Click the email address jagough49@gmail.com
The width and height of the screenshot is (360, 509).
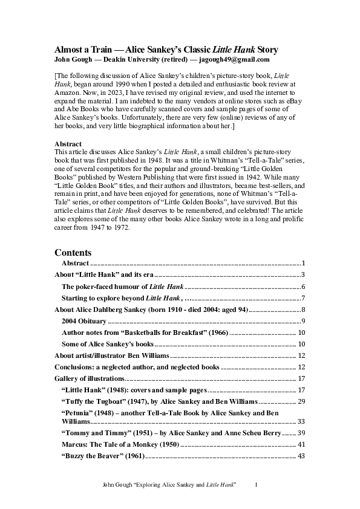231,60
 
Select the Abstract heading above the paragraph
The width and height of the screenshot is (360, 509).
68,143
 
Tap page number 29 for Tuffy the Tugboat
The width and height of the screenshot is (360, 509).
299,401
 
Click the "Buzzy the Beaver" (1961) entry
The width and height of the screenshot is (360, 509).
102,455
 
